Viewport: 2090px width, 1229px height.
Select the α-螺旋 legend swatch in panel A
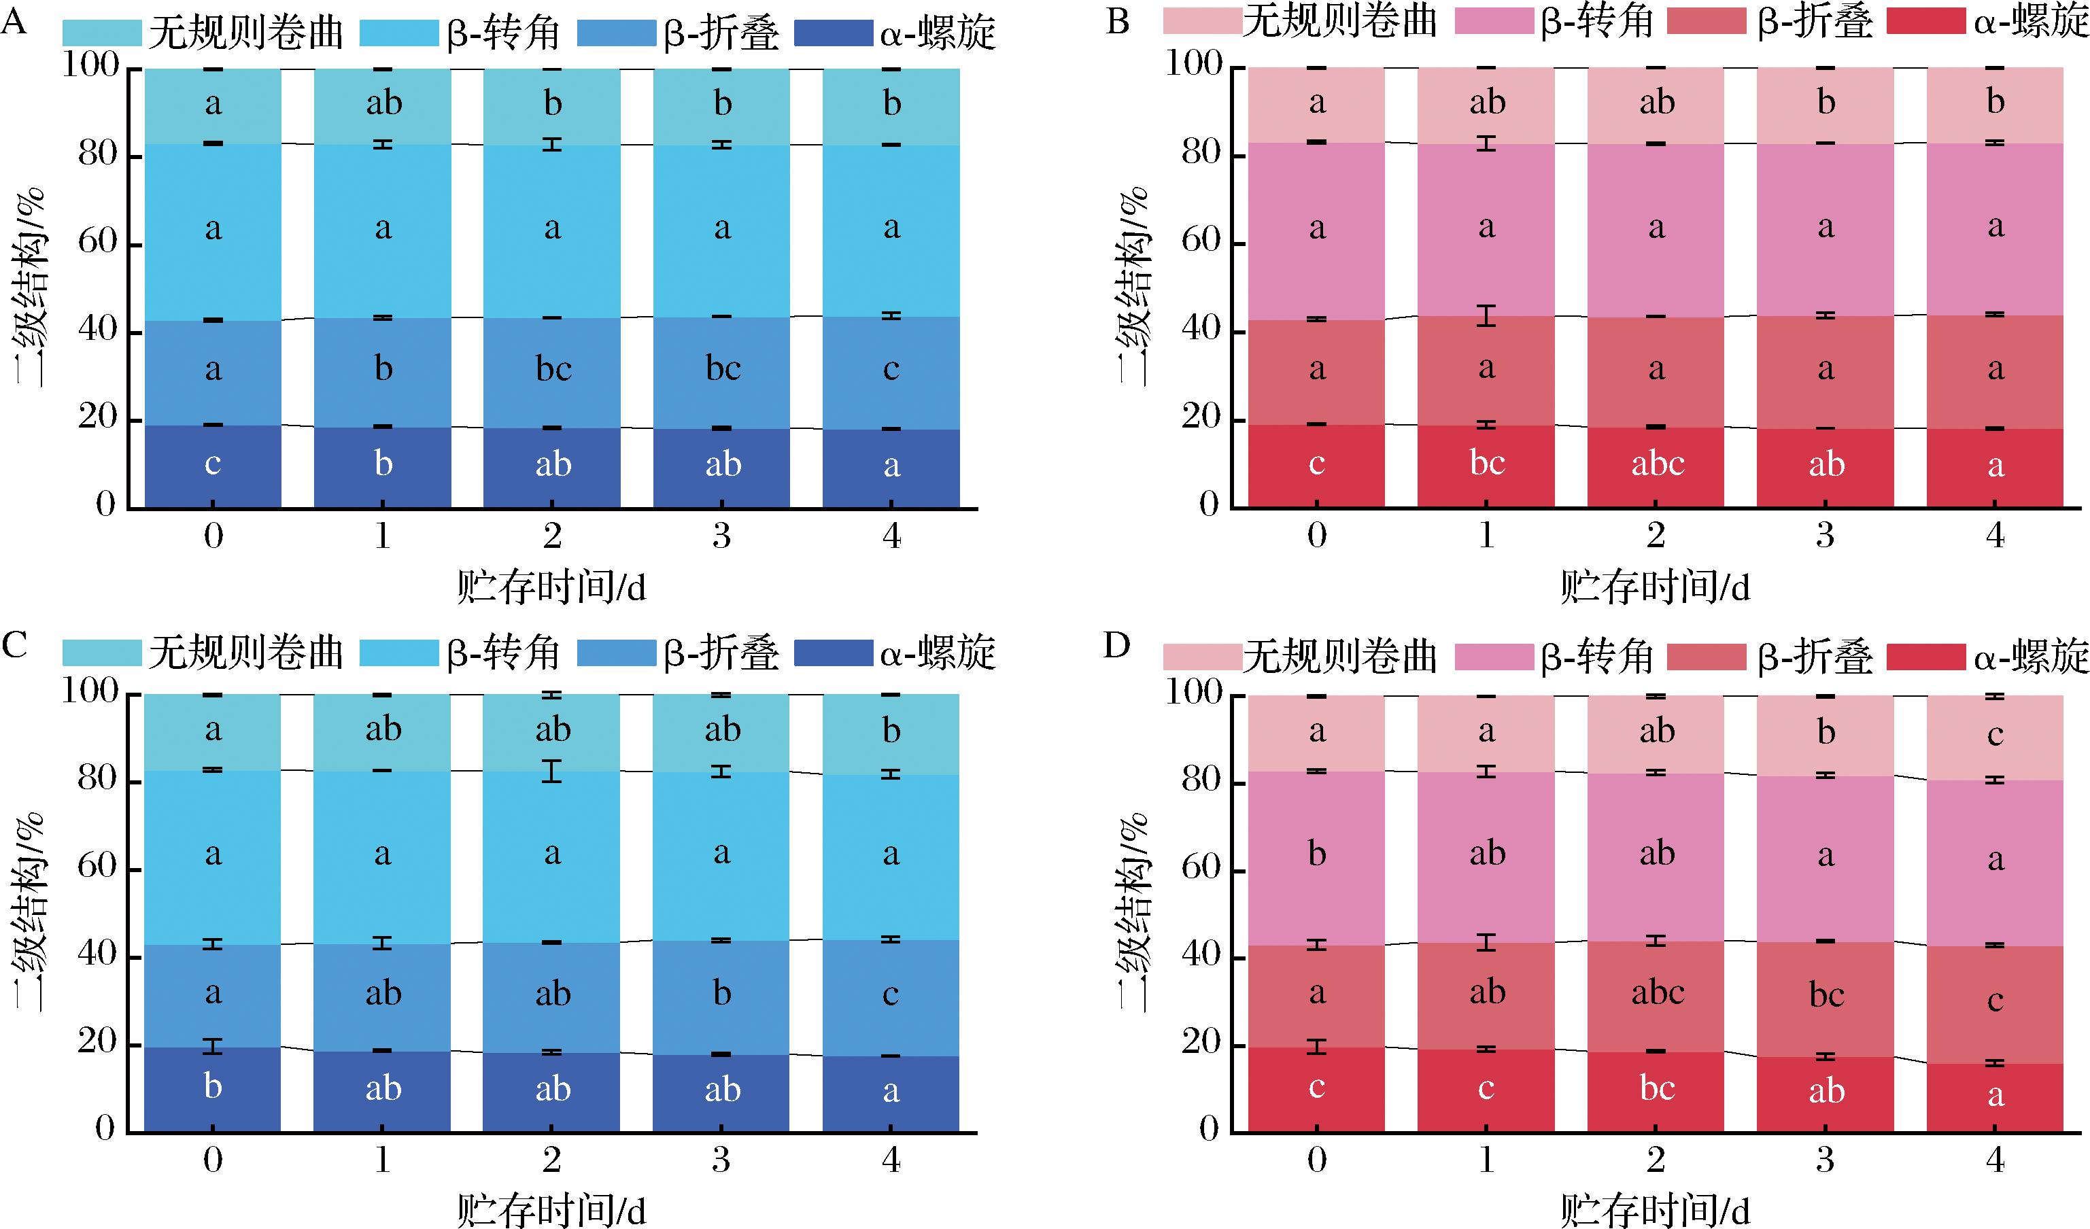point(834,34)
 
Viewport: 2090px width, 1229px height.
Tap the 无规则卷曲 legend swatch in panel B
point(1202,20)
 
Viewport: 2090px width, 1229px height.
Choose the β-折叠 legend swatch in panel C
point(616,653)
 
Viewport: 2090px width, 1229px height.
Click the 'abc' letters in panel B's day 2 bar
point(1657,464)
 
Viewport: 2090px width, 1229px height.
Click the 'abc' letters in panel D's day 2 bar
point(1657,992)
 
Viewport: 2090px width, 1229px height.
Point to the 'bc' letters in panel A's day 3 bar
point(722,368)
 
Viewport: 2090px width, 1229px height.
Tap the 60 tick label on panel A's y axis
point(99,243)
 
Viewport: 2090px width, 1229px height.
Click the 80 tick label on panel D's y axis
point(1203,780)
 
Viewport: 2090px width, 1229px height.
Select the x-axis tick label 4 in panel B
point(1995,536)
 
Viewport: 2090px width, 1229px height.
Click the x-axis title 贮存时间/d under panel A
point(551,588)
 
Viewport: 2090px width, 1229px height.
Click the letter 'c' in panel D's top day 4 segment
point(1995,735)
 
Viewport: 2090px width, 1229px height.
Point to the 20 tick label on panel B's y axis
point(1203,417)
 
